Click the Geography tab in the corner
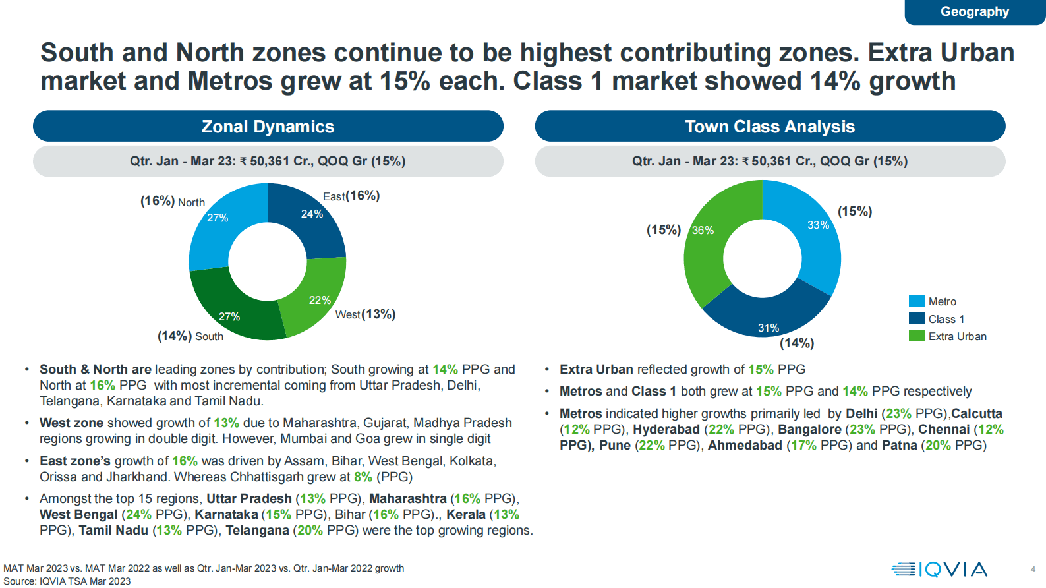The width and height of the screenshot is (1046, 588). [x=975, y=12]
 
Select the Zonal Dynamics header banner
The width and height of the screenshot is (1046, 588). [x=268, y=126]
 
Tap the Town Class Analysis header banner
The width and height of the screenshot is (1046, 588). [x=770, y=126]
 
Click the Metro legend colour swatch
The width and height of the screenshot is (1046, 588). [x=917, y=301]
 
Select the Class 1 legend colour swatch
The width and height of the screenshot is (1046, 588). [x=917, y=318]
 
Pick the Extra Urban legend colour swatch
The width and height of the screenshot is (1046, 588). [x=917, y=336]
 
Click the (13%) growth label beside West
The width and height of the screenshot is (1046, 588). [x=379, y=314]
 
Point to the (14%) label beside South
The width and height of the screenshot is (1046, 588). [x=175, y=336]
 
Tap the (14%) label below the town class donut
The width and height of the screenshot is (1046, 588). [x=797, y=343]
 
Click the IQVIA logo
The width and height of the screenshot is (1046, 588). [x=939, y=570]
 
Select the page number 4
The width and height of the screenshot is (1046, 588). [x=1033, y=570]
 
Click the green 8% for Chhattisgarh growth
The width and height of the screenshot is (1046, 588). [x=363, y=477]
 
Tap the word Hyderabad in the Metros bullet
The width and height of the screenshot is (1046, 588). [x=666, y=429]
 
